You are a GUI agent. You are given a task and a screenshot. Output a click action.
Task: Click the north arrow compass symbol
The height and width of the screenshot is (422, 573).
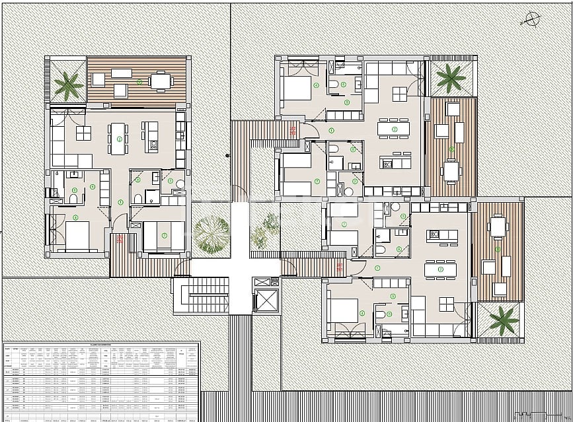[x=530, y=19]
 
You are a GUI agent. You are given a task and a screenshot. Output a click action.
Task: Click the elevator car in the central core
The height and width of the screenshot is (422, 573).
[x=267, y=300]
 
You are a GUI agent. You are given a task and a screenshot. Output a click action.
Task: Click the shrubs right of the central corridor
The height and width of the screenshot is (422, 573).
[x=266, y=228]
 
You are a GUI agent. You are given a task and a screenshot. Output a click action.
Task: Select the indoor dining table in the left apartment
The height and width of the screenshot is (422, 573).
[x=119, y=137]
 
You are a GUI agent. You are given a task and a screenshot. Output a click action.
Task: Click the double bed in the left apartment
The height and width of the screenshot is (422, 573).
[x=77, y=236]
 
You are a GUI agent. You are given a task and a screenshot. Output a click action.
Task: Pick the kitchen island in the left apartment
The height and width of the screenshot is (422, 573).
[x=151, y=135]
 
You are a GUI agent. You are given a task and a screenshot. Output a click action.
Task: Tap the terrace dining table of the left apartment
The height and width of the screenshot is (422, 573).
[x=161, y=81]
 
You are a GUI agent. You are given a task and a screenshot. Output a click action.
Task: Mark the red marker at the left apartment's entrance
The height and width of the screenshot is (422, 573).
[x=120, y=238]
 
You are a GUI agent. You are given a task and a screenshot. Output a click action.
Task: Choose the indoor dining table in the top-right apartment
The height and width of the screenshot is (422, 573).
[x=393, y=128]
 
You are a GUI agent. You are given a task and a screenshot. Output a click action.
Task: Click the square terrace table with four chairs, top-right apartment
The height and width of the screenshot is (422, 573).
[x=451, y=171]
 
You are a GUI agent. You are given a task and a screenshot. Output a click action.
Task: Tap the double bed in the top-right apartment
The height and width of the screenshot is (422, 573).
[x=296, y=88]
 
